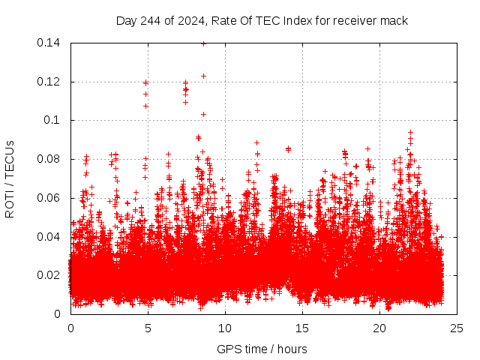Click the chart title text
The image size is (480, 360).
point(262,20)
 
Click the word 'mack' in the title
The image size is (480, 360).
point(393,20)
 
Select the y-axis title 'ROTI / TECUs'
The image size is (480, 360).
point(10,178)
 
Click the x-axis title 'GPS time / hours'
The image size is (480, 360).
point(262,349)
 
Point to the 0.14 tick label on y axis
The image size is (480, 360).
point(50,43)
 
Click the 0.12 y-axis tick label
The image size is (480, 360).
point(50,82)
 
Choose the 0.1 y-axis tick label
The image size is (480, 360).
point(54,120)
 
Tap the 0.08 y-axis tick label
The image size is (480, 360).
point(50,159)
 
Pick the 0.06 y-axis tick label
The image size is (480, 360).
point(50,198)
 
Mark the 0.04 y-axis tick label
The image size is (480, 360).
point(50,237)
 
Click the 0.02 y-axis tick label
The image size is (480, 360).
point(50,275)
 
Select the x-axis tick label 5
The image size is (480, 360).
point(148,328)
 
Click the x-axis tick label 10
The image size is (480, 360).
point(225,328)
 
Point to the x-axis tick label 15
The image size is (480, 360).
point(302,328)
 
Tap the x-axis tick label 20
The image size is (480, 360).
point(379,328)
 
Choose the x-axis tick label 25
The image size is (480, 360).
point(457,328)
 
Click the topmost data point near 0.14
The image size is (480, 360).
point(203,43)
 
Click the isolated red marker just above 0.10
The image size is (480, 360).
point(203,114)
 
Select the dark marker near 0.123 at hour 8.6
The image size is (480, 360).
point(203,76)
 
